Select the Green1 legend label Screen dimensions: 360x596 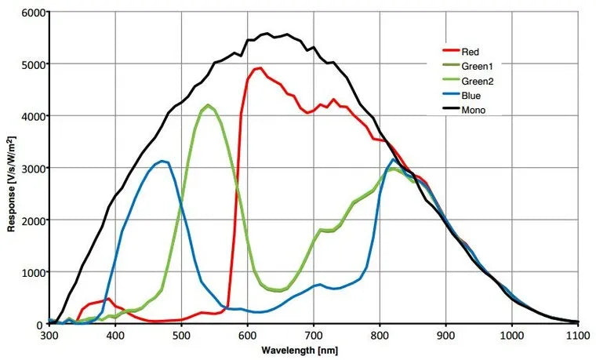point(477,67)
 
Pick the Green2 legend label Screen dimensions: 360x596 point(477,81)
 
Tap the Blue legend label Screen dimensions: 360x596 point(471,96)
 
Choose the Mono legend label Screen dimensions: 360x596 point(474,111)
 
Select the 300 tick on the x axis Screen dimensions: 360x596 point(49,336)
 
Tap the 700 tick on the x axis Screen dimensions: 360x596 point(314,336)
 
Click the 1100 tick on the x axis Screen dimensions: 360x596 point(578,336)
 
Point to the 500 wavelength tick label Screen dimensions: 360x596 point(181,336)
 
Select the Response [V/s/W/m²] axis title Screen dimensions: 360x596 point(11,168)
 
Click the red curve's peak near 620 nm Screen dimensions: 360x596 point(260,68)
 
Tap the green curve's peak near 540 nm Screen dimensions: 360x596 point(208,106)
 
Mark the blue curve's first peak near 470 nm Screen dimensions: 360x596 point(162,162)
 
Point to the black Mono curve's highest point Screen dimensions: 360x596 point(267,34)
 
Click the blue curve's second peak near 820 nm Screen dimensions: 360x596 point(394,161)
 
